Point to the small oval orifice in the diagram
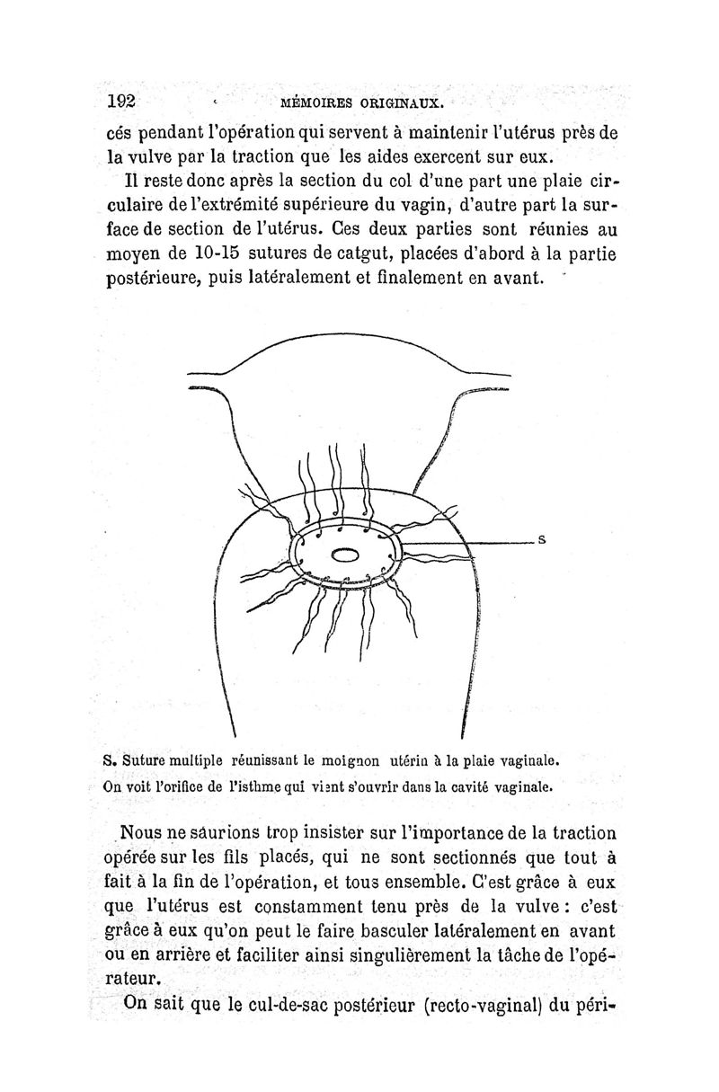[346, 555]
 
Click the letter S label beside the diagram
[542, 541]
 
